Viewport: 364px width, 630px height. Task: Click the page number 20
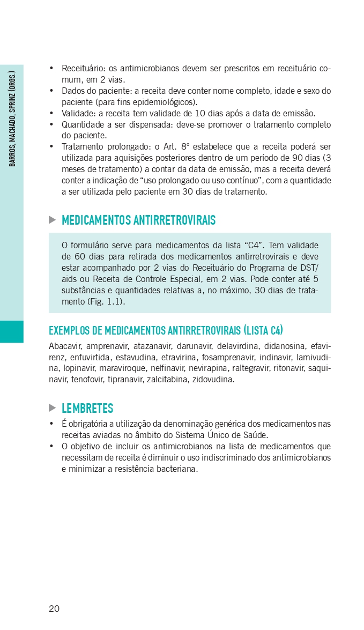[54, 608]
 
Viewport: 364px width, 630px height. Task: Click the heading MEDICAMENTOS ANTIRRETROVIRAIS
[138, 220]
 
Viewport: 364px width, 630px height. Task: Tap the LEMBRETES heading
[87, 408]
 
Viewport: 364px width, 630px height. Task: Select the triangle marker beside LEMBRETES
[52, 408]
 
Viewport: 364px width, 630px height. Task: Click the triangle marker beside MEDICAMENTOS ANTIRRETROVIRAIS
[52, 220]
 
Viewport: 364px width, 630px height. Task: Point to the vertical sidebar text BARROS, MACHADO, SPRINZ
[12, 118]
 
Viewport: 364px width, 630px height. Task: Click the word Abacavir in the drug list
[65, 346]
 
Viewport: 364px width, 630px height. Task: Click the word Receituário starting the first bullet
[83, 69]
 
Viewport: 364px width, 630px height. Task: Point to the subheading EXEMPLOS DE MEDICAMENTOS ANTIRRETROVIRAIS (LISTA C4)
[166, 330]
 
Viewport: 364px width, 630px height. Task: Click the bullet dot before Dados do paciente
[51, 91]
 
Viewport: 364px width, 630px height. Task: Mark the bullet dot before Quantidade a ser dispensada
[51, 124]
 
